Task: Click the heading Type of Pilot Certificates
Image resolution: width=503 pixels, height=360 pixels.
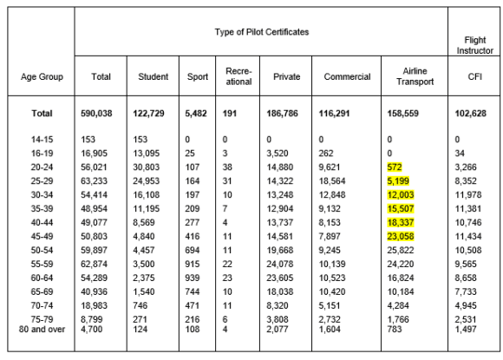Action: tap(262, 31)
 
